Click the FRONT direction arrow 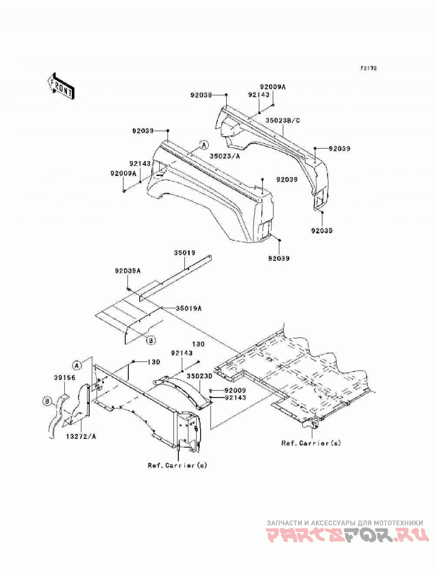point(61,85)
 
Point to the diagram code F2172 point(368,68)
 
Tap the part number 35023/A point(225,156)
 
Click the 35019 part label point(184,253)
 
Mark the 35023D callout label point(200,376)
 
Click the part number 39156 point(65,378)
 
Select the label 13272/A point(82,436)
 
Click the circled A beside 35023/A point(204,145)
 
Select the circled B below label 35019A point(151,340)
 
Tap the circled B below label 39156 point(47,401)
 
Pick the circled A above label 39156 point(76,364)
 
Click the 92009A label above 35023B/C point(273,87)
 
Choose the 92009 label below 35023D point(235,391)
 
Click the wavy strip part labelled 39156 point(58,414)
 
